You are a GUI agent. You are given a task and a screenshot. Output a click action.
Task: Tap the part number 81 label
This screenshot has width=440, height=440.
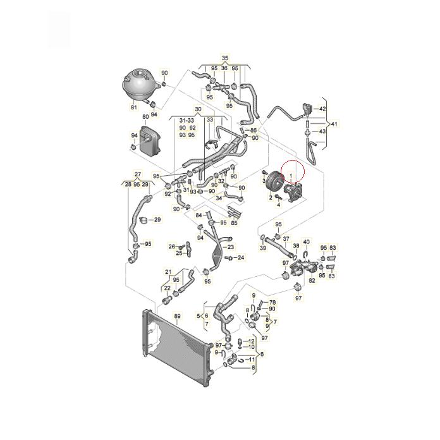click(133, 107)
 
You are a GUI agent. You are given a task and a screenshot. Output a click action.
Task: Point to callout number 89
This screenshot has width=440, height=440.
click(178, 316)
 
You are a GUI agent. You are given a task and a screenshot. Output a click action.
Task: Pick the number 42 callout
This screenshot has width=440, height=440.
click(322, 109)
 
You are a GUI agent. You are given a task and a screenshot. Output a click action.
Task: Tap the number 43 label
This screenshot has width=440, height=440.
click(322, 131)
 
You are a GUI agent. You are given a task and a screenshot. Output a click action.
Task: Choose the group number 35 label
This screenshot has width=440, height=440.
click(224, 57)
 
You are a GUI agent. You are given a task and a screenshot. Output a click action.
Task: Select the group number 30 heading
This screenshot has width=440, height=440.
click(197, 109)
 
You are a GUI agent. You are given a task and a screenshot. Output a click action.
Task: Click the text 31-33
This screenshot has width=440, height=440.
click(186, 119)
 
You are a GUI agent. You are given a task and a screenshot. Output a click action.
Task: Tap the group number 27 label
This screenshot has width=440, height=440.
click(137, 174)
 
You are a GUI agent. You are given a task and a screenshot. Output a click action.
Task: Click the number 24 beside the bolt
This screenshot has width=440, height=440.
click(240, 258)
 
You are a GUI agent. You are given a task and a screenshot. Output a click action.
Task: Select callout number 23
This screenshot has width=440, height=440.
click(230, 247)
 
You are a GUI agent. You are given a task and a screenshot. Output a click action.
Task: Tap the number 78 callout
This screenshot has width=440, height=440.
click(272, 303)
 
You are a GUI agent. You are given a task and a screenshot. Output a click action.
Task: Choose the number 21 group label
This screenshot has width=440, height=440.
click(168, 272)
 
